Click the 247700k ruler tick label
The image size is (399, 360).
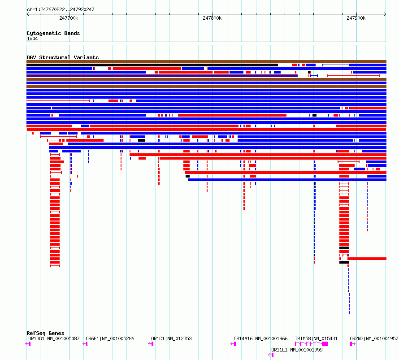69,18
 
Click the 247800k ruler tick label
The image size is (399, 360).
212,18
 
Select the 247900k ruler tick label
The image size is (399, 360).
356,18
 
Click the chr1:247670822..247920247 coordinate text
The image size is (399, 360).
61,9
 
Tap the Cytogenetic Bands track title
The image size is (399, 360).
53,33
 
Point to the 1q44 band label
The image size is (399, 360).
32,39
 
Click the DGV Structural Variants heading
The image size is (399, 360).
63,57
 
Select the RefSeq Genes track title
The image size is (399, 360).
45,333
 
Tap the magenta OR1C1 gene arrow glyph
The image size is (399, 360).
151,344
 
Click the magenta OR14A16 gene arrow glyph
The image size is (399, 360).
233,344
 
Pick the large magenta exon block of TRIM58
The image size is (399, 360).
325,344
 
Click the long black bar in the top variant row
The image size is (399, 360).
152,65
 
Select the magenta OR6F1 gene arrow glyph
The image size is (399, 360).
85,344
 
